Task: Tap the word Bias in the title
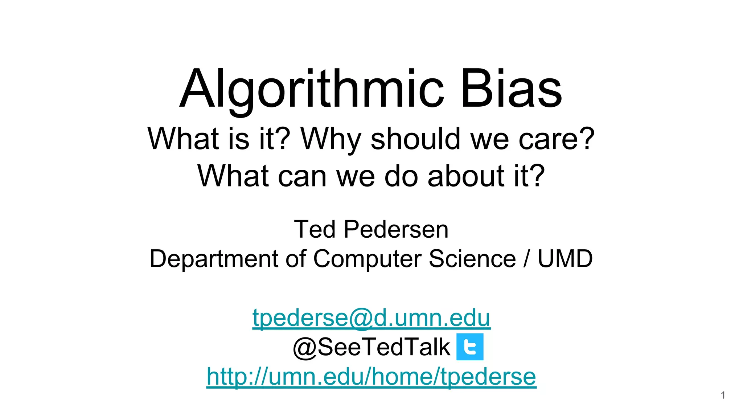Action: tap(511, 89)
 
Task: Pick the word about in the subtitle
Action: tap(466, 176)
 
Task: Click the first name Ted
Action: tap(315, 229)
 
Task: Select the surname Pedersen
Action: tap(396, 229)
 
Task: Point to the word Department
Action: tap(214, 259)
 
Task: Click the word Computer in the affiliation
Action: tap(367, 259)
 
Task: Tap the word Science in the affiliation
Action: tap(472, 259)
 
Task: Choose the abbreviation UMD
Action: tap(565, 259)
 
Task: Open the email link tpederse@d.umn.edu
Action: tap(371, 317)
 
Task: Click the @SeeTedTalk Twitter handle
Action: tap(371, 347)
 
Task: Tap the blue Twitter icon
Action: tap(470, 347)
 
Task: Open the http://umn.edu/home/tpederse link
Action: tap(371, 376)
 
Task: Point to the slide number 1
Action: tap(723, 395)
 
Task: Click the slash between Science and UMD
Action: tap(526, 259)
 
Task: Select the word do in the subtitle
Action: tap(401, 176)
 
